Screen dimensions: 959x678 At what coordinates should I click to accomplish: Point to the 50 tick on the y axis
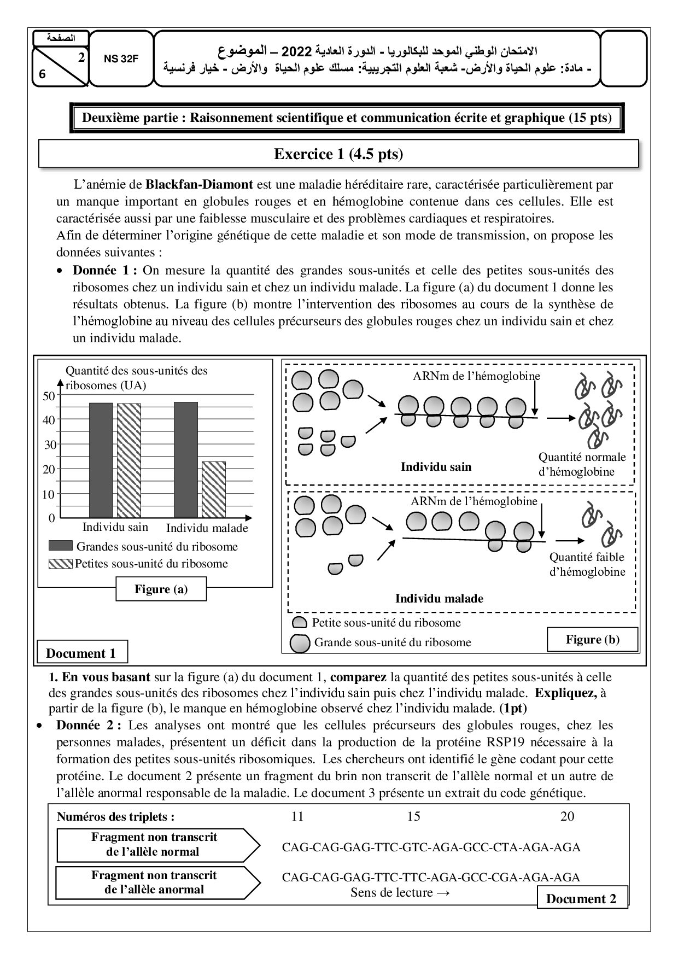pyautogui.click(x=49, y=396)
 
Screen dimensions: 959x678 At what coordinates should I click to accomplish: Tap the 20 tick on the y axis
pyautogui.click(x=49, y=469)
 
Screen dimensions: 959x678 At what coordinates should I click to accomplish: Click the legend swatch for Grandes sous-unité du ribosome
pyautogui.click(x=60, y=546)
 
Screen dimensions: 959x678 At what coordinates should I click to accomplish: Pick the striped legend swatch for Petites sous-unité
pyautogui.click(x=60, y=563)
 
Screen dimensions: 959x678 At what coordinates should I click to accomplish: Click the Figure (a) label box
pyautogui.click(x=161, y=589)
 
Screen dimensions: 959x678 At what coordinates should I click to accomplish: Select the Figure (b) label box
pyautogui.click(x=593, y=639)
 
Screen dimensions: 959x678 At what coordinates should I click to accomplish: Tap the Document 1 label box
pyautogui.click(x=81, y=653)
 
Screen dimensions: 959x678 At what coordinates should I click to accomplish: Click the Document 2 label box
pyautogui.click(x=581, y=898)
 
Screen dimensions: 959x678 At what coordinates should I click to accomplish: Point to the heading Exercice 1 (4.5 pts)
pyautogui.click(x=338, y=154)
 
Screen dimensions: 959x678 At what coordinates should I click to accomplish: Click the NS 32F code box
pyautogui.click(x=121, y=59)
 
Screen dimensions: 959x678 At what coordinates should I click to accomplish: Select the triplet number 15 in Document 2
pyautogui.click(x=414, y=816)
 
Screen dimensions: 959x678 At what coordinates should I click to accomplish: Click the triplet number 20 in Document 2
pyautogui.click(x=568, y=816)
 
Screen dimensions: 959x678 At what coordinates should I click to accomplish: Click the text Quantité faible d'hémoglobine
pyautogui.click(x=587, y=564)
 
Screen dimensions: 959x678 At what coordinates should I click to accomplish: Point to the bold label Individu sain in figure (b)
pyautogui.click(x=436, y=466)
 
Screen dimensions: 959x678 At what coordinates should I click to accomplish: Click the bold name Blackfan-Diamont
pyautogui.click(x=199, y=184)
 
